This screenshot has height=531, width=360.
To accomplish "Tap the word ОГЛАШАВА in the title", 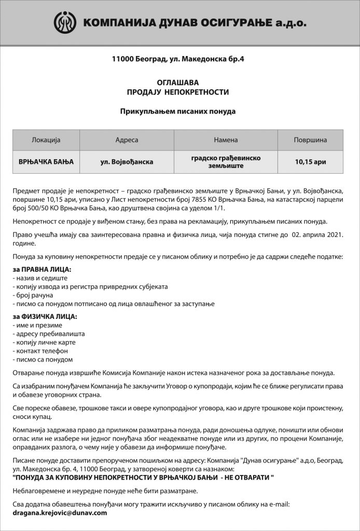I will click(178, 82).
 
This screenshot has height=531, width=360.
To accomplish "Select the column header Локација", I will click(46, 140).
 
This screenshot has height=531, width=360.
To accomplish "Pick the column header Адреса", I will click(127, 140).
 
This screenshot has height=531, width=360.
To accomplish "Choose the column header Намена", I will click(226, 140).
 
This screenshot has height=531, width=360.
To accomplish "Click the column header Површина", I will click(310, 140).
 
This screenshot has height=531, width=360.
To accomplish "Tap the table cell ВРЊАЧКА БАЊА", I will click(46, 162).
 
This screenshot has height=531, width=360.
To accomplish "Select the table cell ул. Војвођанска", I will click(127, 162).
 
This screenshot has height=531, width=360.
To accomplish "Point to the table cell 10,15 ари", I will click(310, 162).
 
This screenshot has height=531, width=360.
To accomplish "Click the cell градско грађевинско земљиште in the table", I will click(226, 162).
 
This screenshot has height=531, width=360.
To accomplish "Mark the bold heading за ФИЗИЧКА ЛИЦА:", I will click(44, 316).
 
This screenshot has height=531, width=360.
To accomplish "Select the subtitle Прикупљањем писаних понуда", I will click(178, 111).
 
